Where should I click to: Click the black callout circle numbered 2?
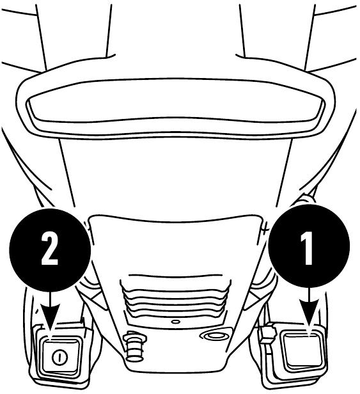50,249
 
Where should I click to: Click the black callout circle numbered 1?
309,245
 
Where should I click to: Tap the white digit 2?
50,248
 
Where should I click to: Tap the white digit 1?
307,248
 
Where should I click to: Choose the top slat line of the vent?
175,276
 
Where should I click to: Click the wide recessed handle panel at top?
175,108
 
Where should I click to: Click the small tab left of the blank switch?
267,333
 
